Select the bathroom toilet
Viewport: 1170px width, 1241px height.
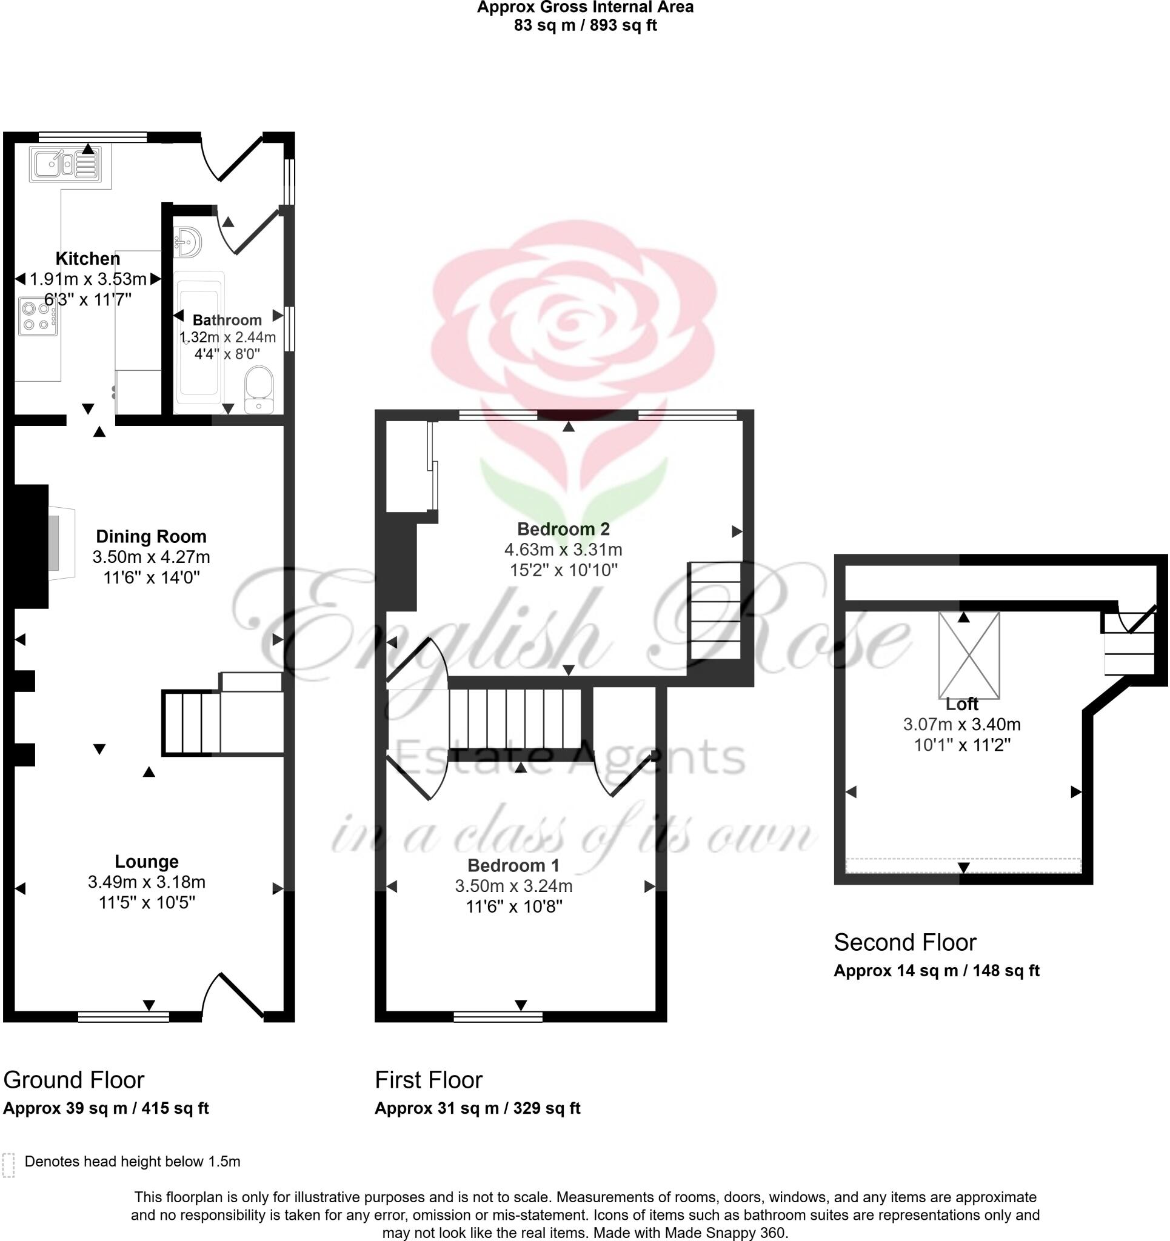click(x=259, y=389)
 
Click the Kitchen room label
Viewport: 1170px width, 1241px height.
click(x=87, y=258)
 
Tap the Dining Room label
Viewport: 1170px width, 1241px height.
click(x=151, y=536)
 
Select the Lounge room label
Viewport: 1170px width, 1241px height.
click(x=147, y=862)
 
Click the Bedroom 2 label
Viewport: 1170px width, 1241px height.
click(x=563, y=529)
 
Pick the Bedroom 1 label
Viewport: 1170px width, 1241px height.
click(x=513, y=865)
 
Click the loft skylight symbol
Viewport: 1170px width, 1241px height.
click(x=969, y=655)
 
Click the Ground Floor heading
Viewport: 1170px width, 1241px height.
click(x=74, y=1080)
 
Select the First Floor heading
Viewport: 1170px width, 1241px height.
click(x=429, y=1080)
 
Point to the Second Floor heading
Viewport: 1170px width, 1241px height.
click(x=904, y=942)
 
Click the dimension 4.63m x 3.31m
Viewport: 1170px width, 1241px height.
click(x=563, y=550)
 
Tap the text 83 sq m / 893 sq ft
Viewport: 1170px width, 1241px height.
click(x=586, y=25)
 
